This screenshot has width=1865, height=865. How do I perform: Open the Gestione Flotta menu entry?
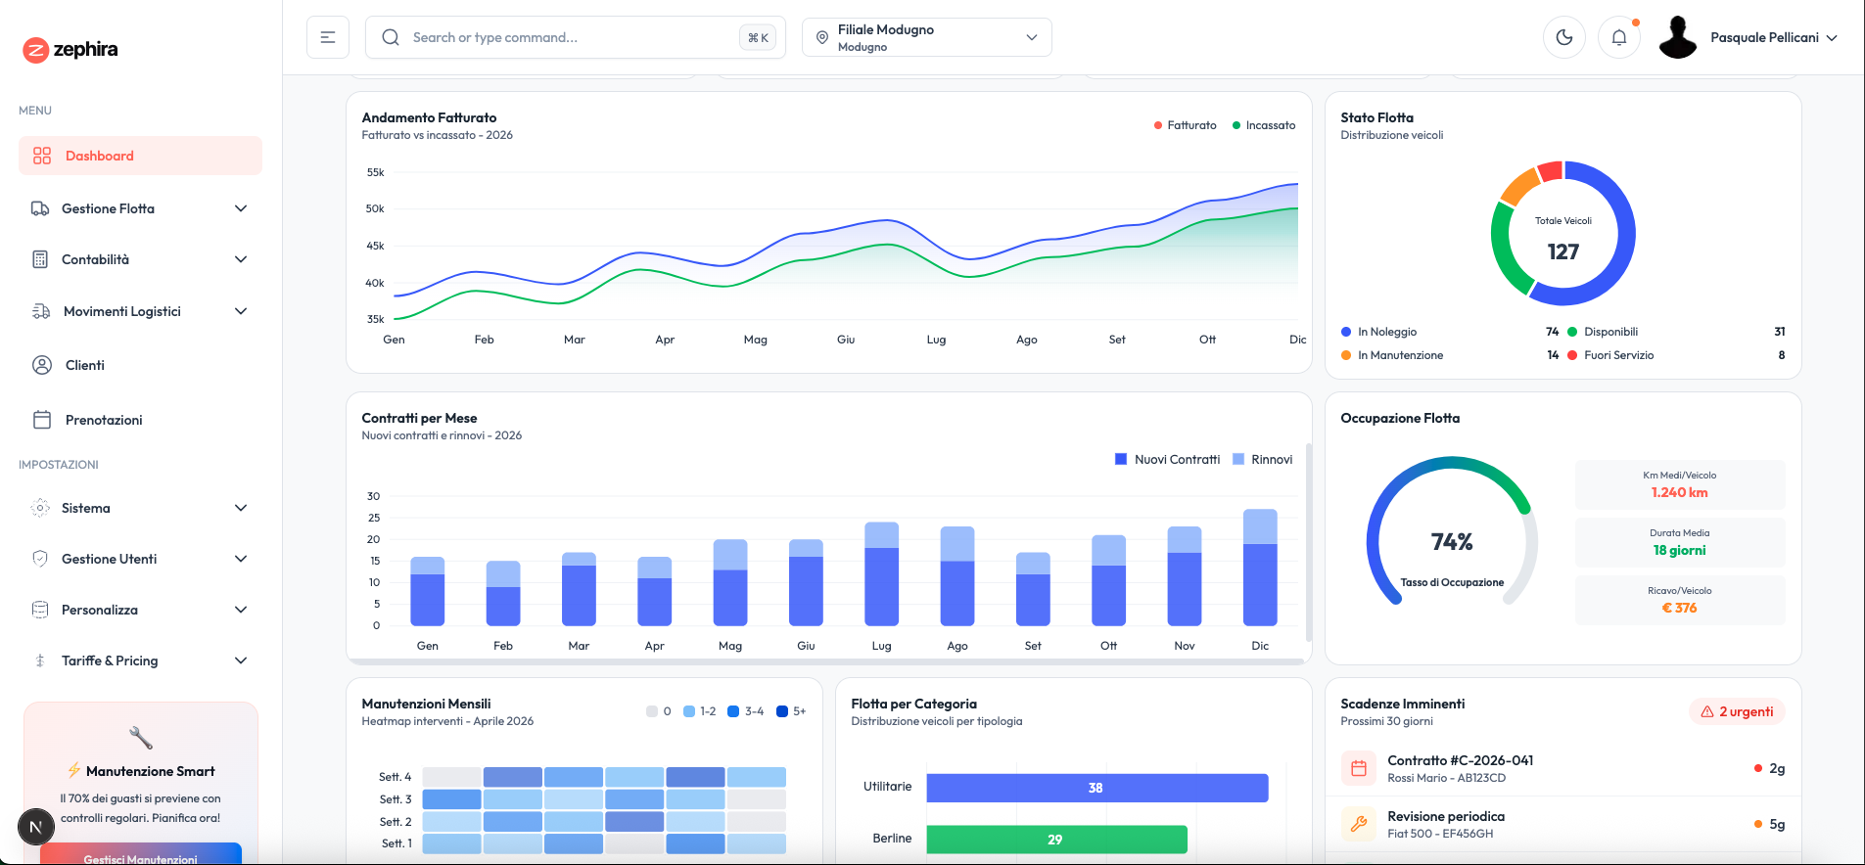click(108, 208)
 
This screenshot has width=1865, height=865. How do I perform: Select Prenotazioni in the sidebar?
click(104, 420)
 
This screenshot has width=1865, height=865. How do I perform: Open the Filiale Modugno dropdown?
click(926, 37)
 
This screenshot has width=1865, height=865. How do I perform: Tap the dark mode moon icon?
click(1563, 37)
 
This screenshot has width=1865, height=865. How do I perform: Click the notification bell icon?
click(1618, 37)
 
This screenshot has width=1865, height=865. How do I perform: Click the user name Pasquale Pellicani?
click(1764, 37)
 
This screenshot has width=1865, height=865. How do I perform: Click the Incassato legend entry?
click(1270, 125)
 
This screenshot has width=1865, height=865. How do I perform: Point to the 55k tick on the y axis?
click(375, 172)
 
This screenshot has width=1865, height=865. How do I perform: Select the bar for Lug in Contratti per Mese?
click(881, 574)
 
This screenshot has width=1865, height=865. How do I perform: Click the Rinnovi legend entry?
click(1271, 459)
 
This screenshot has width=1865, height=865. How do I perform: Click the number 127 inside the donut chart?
click(1562, 251)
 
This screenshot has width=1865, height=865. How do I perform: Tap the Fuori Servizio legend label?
click(1618, 355)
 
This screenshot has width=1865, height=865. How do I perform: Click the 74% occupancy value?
click(1451, 541)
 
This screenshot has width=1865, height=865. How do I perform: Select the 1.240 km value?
click(1679, 492)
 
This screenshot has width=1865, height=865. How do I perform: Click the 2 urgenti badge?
click(1737, 711)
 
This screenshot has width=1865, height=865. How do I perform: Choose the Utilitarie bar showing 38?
click(1096, 788)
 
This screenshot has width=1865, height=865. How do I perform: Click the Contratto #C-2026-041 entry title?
click(1460, 760)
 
